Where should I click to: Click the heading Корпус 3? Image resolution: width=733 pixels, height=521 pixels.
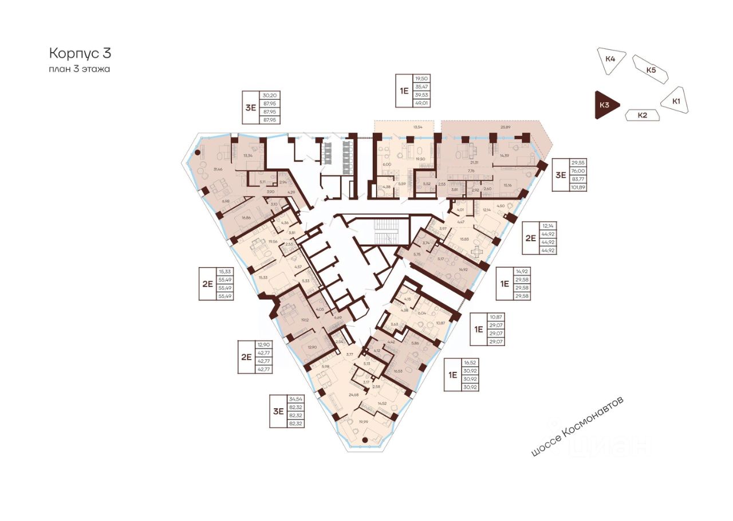point(80,53)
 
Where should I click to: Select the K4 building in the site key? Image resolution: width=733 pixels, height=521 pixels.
point(610,59)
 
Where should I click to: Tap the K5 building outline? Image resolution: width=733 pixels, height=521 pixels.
point(651,70)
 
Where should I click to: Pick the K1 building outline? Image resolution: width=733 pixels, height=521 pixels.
point(676,101)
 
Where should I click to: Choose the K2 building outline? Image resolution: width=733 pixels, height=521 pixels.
point(642,115)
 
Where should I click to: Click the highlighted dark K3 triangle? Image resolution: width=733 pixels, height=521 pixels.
point(605,105)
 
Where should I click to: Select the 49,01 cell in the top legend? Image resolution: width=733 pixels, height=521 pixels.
point(421,103)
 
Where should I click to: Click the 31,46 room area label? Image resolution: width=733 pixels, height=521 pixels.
point(217,169)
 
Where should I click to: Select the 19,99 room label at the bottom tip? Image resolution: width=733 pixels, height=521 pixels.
point(362,421)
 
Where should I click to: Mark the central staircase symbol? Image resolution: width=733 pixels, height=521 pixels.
point(380,234)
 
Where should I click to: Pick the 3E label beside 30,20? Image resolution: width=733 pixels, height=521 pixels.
point(250,108)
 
